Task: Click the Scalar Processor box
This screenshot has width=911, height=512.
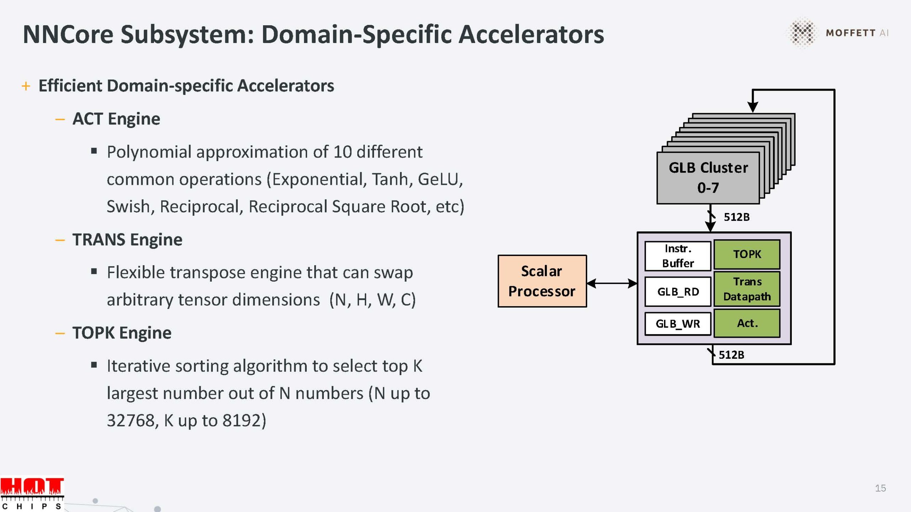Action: (542, 281)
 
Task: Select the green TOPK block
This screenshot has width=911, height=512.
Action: (747, 254)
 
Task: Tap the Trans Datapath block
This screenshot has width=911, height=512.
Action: (747, 289)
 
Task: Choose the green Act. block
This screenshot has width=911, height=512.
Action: (747, 323)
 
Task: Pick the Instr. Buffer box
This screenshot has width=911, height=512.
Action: (678, 256)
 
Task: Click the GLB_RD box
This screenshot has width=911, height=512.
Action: (678, 292)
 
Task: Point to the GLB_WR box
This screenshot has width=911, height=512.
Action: (678, 324)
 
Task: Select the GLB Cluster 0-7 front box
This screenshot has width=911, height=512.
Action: (708, 178)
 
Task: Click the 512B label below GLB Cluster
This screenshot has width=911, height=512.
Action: (737, 217)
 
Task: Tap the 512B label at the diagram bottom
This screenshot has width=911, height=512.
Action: (732, 355)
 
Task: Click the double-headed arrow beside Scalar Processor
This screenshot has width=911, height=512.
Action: (612, 283)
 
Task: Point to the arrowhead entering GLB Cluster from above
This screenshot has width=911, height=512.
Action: (752, 107)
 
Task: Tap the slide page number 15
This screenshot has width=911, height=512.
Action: (880, 488)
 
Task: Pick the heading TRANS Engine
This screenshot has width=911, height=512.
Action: (127, 240)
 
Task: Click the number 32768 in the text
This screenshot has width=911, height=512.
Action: (131, 421)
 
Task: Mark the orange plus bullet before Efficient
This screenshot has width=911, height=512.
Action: (26, 86)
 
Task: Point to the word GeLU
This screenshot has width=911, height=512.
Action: (440, 179)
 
